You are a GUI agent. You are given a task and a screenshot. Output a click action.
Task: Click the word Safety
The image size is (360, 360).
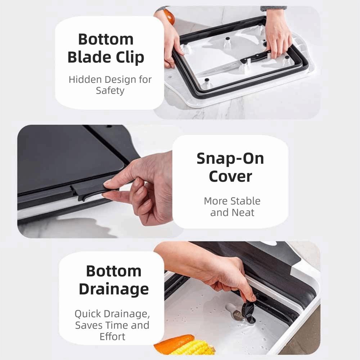click(x=110, y=91)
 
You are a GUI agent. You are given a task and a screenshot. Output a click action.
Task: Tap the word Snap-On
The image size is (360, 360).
click(x=230, y=159)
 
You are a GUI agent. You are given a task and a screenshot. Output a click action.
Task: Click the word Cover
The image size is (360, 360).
click(x=230, y=176)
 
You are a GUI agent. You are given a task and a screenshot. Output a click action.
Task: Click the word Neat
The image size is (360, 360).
click(x=243, y=212)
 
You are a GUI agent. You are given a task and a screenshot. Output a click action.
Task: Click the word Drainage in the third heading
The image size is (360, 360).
click(x=113, y=289)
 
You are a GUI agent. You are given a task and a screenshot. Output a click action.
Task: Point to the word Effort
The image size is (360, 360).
click(x=112, y=337)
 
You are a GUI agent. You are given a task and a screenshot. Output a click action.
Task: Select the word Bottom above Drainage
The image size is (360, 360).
click(x=113, y=271)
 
